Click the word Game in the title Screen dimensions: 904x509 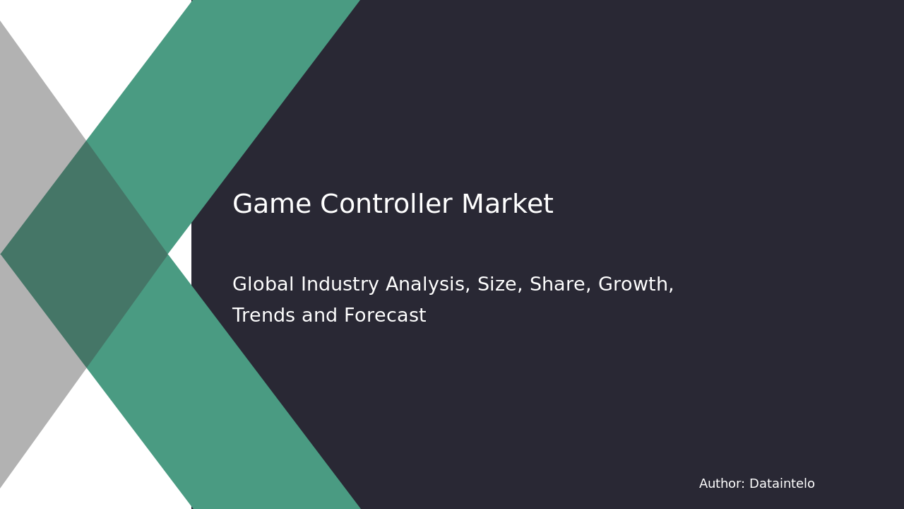tap(272, 204)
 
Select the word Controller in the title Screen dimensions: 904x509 tap(386, 204)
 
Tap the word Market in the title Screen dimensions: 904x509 tap(507, 204)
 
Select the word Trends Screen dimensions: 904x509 tap(264, 315)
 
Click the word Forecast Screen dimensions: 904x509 tap(385, 315)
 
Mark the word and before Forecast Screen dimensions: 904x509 tap(319, 315)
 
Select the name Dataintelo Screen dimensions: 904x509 tap(782, 484)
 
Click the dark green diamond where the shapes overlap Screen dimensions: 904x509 tap(84, 254)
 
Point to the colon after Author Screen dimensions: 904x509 tap(743, 485)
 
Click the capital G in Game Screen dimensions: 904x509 tap(242, 204)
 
